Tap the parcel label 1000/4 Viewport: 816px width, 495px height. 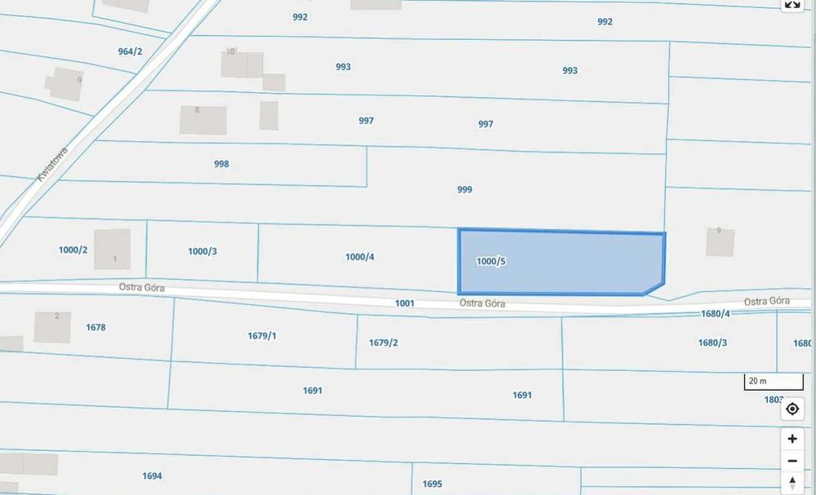(x=360, y=257)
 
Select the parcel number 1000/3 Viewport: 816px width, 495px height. (x=202, y=251)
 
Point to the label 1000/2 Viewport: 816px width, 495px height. (x=73, y=250)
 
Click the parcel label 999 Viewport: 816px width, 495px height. (x=464, y=189)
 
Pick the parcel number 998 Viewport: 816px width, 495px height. (x=221, y=164)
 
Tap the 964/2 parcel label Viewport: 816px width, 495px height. (x=130, y=51)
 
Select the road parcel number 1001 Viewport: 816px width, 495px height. (x=405, y=303)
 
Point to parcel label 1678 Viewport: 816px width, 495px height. (x=95, y=327)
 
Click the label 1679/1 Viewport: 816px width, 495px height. (x=262, y=335)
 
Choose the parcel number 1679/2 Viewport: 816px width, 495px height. (x=384, y=343)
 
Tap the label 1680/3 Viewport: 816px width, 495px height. (x=712, y=343)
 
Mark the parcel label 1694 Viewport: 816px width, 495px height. (x=152, y=476)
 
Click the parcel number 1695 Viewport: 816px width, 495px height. (x=432, y=484)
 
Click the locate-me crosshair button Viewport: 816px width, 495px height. (x=792, y=409)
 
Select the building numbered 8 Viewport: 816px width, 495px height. (x=203, y=120)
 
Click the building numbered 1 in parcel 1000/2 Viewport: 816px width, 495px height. (x=112, y=249)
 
